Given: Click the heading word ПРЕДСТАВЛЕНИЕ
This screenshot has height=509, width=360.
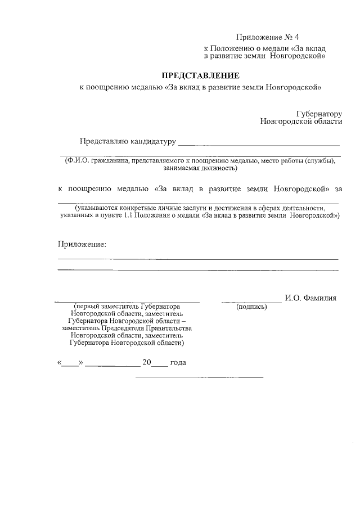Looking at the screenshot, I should pyautogui.click(x=201, y=75).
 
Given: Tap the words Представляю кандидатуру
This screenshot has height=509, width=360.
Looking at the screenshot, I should pyautogui.click(x=127, y=141).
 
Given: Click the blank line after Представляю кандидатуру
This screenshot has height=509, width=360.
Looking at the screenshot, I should pyautogui.click(x=259, y=144).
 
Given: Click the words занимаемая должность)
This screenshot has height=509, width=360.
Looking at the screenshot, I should pyautogui.click(x=200, y=168).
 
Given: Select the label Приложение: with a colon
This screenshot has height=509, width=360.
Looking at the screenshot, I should pyautogui.click(x=82, y=244).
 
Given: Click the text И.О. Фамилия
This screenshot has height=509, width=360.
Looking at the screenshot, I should pyautogui.click(x=310, y=298).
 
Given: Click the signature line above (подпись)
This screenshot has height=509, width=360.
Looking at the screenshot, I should pyautogui.click(x=251, y=302).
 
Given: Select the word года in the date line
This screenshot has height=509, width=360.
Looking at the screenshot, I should pyautogui.click(x=178, y=363).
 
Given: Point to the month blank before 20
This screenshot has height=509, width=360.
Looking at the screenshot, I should pyautogui.click(x=112, y=366).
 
